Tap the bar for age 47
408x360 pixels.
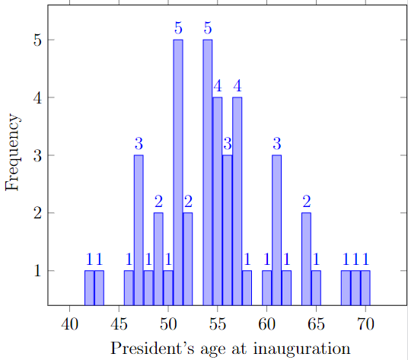139,228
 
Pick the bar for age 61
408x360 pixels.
276,228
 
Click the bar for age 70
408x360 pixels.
365,286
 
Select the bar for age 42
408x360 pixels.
89,286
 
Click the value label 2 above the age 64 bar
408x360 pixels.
306,202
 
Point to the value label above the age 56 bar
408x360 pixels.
227,144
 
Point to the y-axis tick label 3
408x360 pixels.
36,155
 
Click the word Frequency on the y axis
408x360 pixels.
11,153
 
